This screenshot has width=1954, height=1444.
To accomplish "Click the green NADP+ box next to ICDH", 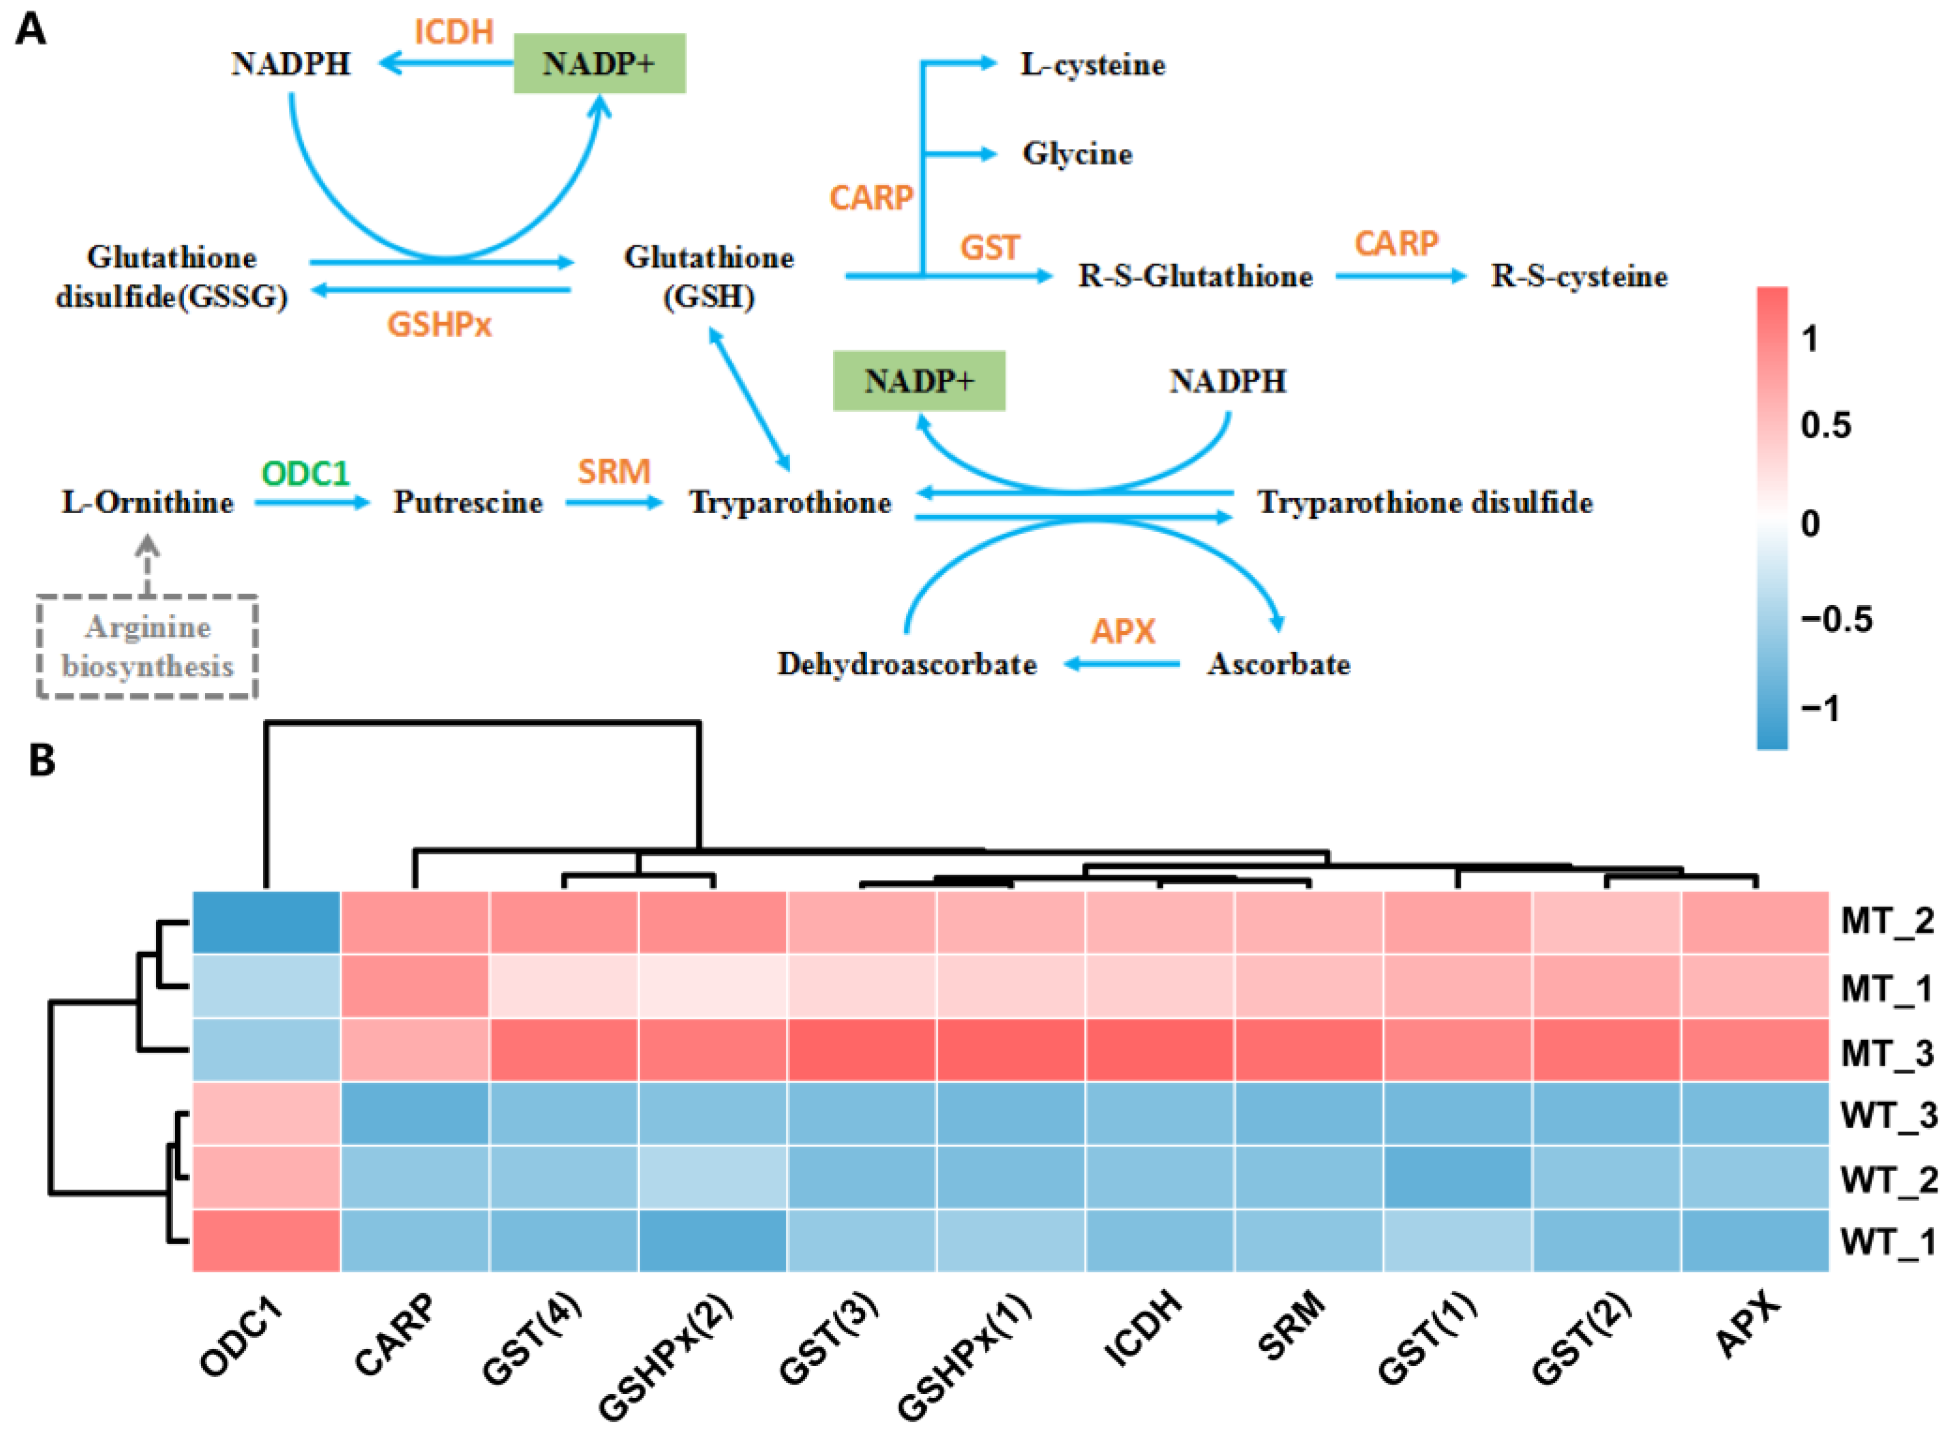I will (599, 64).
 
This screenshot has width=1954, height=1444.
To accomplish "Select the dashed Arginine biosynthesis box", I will (147, 647).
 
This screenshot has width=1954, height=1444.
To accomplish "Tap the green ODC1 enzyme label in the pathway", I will (305, 474).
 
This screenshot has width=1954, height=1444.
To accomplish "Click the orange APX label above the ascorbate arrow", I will (1123, 631).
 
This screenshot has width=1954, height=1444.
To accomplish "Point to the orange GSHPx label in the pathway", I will (439, 325).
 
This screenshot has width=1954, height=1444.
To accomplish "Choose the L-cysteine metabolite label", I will (1093, 65).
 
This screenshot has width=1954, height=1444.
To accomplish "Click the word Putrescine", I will (468, 503).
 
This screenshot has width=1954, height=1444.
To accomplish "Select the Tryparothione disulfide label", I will (1424, 503).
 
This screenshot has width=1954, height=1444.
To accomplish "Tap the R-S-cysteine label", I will (1579, 276).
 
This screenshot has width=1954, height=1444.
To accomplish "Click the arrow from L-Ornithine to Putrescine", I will (313, 503).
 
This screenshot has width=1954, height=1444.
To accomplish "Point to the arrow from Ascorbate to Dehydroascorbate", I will (1122, 664).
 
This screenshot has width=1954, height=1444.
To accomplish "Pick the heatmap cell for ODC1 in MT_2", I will (267, 922).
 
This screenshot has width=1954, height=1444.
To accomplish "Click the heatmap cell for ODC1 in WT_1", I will (267, 1240).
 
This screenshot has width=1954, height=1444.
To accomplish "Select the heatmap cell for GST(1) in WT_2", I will (1458, 1177).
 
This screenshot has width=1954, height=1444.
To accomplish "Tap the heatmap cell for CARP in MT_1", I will (415, 986).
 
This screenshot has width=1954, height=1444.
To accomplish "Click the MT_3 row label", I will (1887, 1053).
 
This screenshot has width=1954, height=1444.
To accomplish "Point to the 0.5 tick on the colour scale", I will (1825, 426).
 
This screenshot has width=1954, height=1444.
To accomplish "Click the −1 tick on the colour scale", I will (1820, 708).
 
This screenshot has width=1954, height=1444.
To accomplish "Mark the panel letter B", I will (41, 760).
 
